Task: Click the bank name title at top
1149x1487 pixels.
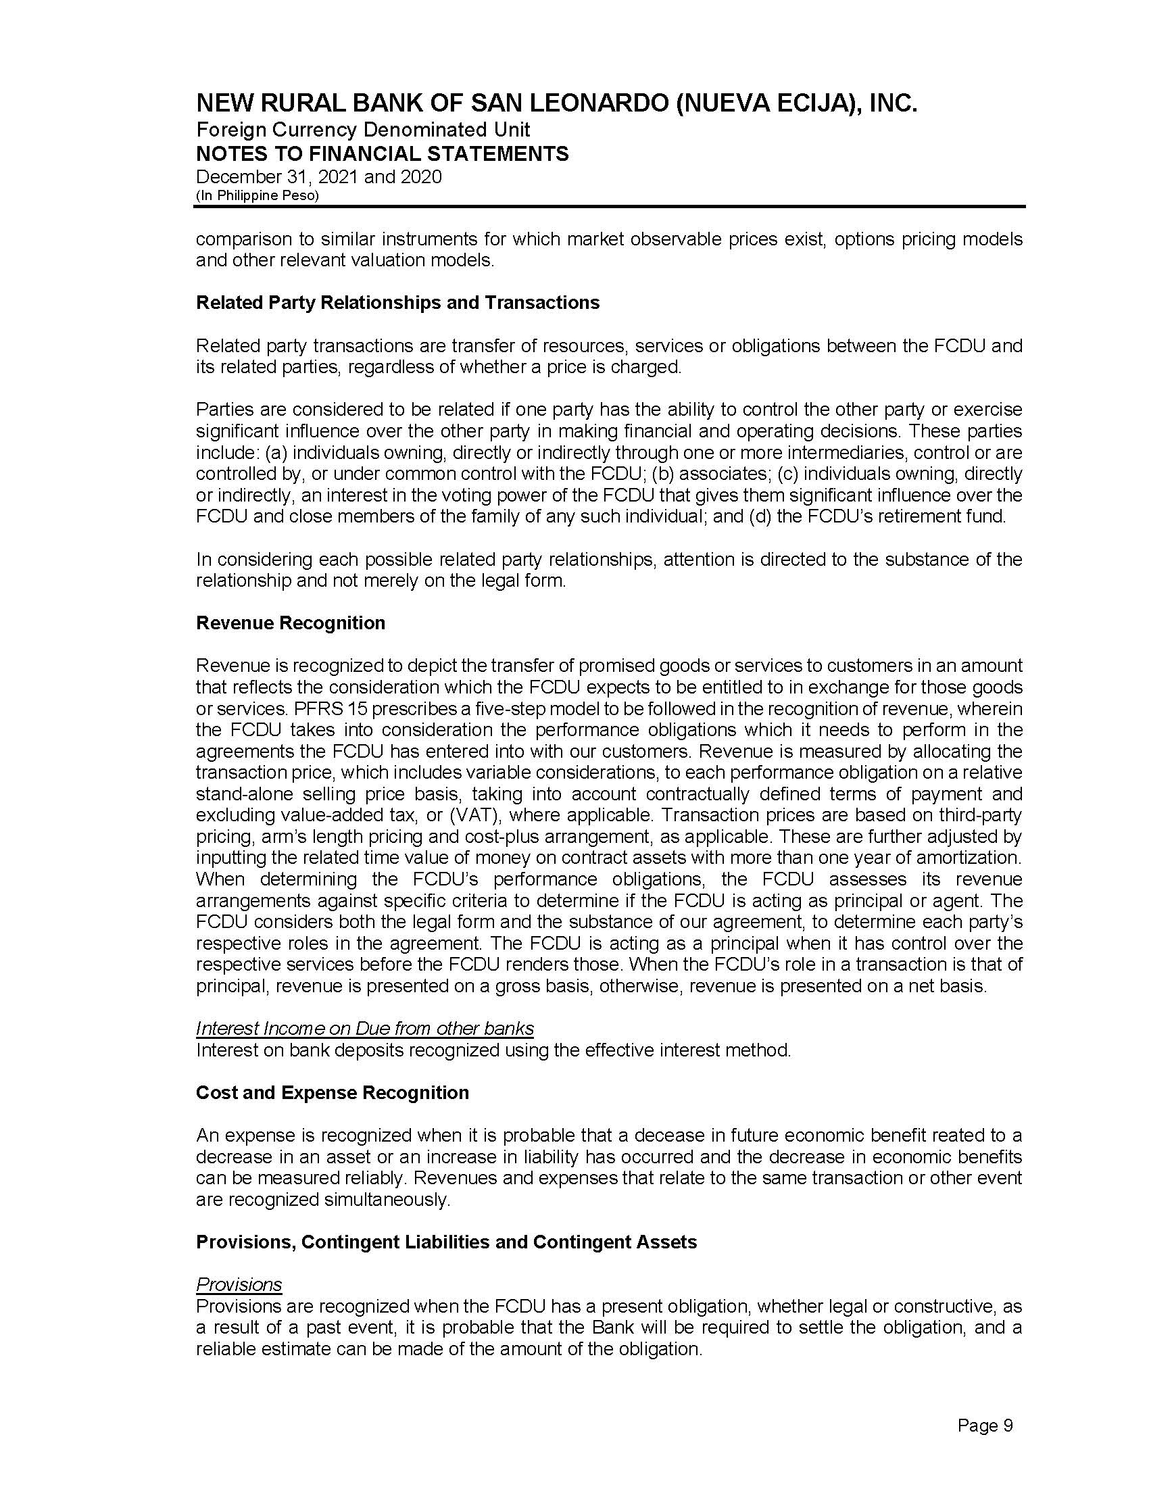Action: [556, 103]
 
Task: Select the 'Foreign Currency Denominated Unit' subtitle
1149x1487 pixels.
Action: [363, 129]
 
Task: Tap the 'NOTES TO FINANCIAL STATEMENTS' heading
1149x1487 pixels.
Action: [382, 154]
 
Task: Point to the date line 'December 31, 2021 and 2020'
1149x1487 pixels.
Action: [318, 177]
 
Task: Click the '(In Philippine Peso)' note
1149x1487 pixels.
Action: [258, 195]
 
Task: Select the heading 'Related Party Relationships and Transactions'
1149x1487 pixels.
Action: [397, 302]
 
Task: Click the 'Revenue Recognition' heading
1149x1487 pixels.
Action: [291, 623]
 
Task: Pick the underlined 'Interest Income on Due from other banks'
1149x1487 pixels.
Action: [365, 1028]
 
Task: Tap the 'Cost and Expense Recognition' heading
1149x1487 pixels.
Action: [332, 1093]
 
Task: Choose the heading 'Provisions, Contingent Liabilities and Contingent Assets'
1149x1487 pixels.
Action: [447, 1242]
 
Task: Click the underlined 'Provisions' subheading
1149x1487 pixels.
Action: [239, 1285]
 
